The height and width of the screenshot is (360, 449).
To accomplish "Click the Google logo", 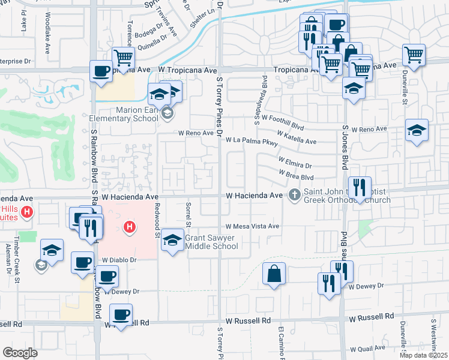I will (x=20, y=353).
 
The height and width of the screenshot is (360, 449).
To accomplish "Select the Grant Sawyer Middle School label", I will (x=211, y=242).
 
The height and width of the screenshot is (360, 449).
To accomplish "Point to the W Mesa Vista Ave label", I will (x=252, y=226).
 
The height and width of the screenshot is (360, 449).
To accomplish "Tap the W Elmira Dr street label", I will (x=295, y=162).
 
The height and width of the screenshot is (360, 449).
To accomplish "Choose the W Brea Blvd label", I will (x=296, y=175).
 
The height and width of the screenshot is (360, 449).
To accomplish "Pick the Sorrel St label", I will (x=188, y=218).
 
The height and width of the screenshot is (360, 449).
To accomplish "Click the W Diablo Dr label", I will (x=120, y=260).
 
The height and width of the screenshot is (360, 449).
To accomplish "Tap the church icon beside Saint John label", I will (x=294, y=194).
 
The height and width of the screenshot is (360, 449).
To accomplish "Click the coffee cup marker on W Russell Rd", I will (x=121, y=314).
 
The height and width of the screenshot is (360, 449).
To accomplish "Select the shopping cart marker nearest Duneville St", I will (x=414, y=55).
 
